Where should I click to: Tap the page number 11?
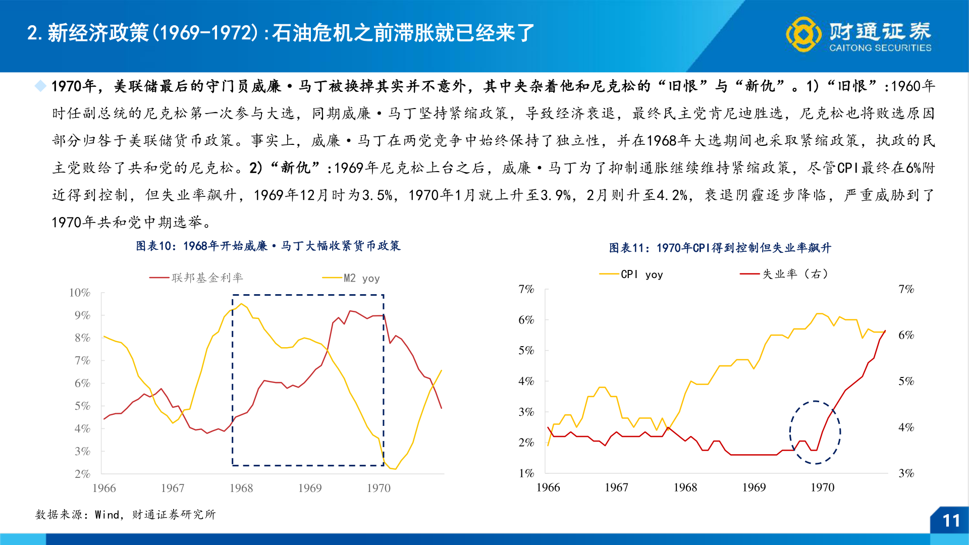(x=951, y=521)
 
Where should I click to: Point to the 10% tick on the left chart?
(x=80, y=293)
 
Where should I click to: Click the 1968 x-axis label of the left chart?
(x=241, y=488)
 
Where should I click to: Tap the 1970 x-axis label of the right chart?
(x=822, y=487)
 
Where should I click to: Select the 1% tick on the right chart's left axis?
(x=526, y=473)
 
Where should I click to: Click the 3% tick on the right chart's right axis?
(x=906, y=473)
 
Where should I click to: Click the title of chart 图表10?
(x=268, y=246)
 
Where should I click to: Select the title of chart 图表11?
(x=720, y=248)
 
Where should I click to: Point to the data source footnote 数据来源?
(x=125, y=515)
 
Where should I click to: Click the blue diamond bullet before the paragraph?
(x=40, y=86)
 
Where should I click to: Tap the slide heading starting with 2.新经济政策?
(x=281, y=33)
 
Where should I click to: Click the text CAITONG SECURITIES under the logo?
(x=880, y=48)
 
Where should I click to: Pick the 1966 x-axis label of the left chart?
(x=104, y=488)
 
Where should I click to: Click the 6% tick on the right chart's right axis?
(x=906, y=335)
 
